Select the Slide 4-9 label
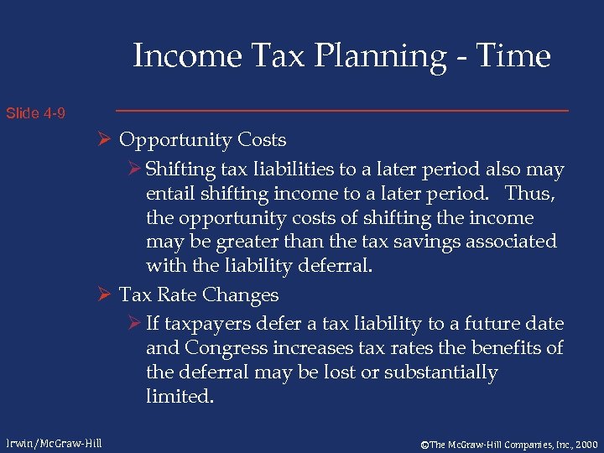36,112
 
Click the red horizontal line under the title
341,111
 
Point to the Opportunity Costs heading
202,140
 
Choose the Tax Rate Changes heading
199,295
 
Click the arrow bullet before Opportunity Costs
106,140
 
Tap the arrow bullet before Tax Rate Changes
106,295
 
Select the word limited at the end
179,396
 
